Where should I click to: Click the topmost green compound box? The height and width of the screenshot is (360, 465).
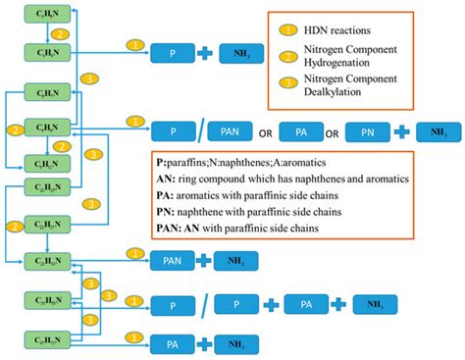click(46, 19)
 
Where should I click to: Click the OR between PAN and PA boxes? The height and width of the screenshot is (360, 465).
click(264, 129)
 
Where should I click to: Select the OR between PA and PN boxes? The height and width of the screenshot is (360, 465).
click(332, 129)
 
